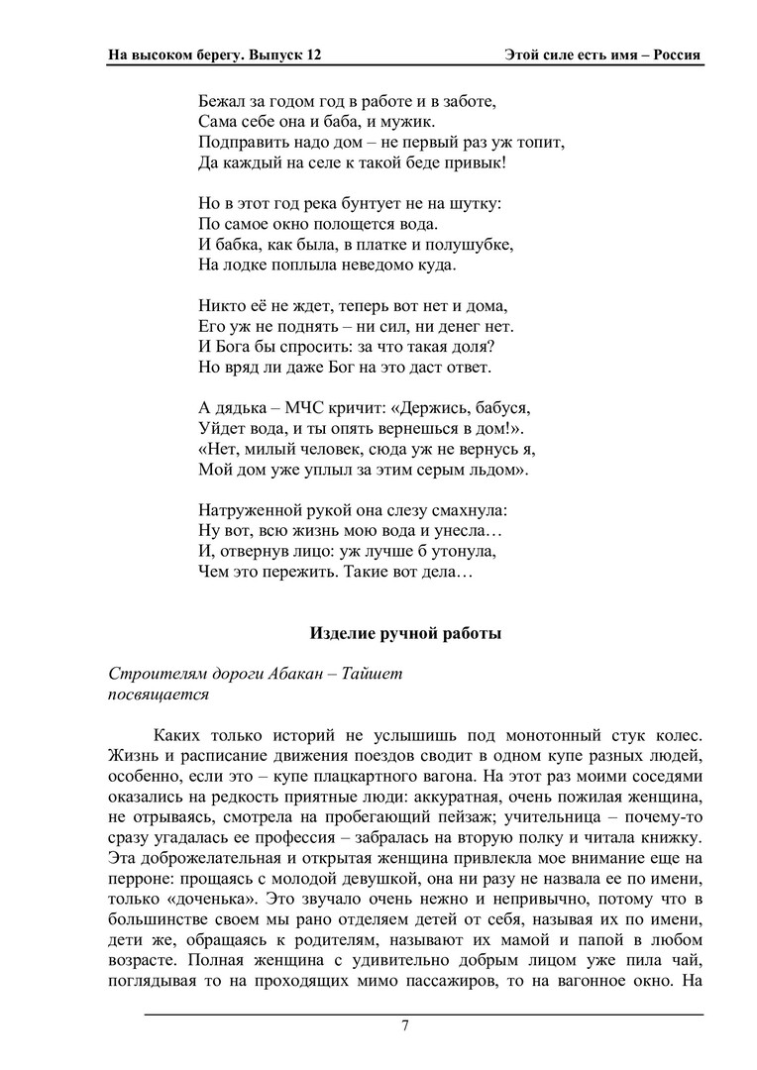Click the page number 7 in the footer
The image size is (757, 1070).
point(405,1025)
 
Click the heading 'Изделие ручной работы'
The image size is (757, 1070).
point(405,634)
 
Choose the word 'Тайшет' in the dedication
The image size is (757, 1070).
point(373,674)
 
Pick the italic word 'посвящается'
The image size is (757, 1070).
point(159,694)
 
